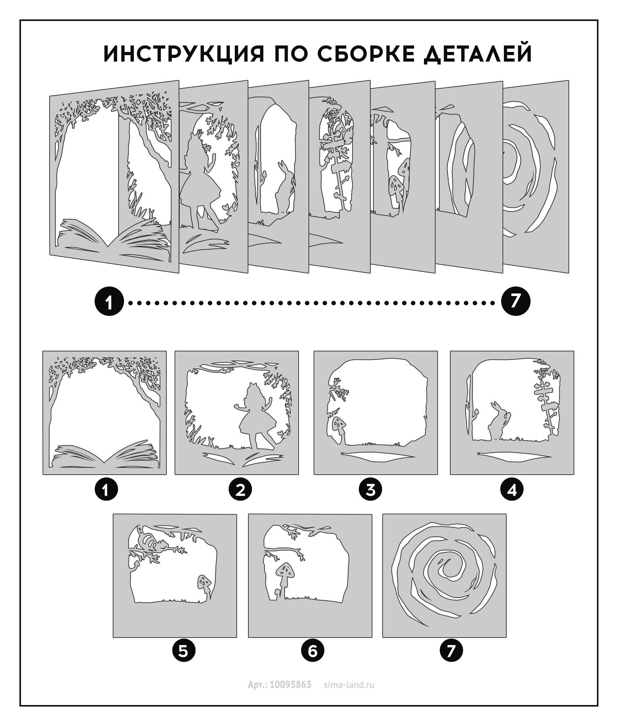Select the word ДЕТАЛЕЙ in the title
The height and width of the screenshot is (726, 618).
tap(478, 54)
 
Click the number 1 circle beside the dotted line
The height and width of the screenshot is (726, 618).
tap(109, 302)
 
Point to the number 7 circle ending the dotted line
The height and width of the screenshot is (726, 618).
tap(516, 301)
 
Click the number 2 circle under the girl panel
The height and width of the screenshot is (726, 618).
tap(241, 489)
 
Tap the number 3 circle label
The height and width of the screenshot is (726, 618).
tap(370, 489)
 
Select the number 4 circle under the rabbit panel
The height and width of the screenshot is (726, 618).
tap(512, 489)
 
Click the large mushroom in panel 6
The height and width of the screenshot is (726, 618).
tap(285, 576)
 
